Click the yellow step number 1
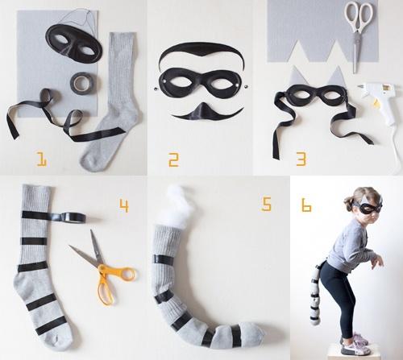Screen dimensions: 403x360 coord(42,159)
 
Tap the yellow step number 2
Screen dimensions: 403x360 coord(173,159)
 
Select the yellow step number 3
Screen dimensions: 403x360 coord(301,159)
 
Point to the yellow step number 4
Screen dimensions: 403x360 coord(124,206)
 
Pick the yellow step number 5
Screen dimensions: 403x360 coord(266,204)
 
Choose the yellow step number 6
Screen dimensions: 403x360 coord(306,205)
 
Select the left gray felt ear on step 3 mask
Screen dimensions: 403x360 coord(295,78)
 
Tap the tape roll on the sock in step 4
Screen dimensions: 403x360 coord(74,217)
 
